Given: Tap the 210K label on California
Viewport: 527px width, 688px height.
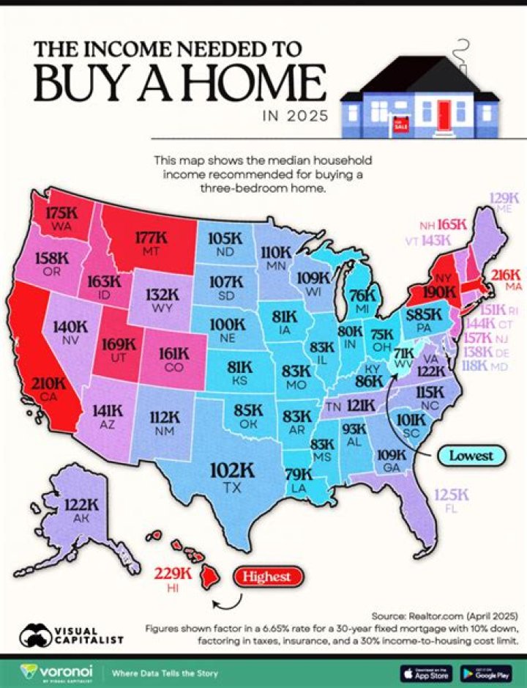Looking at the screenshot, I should point(42,382).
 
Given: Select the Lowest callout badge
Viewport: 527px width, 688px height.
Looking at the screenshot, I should point(471,456).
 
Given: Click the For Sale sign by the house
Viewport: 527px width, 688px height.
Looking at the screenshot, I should point(400,124).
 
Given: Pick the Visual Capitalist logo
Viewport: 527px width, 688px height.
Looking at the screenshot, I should point(71,633).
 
